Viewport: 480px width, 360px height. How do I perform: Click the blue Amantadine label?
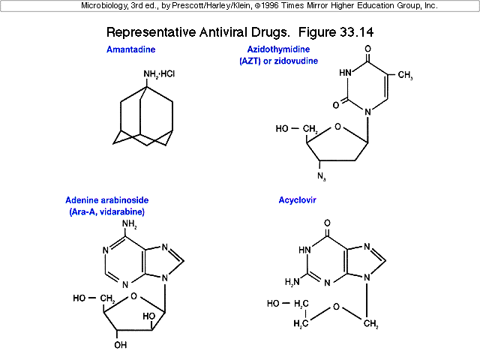[130, 49]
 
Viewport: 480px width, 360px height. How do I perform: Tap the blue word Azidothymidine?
[278, 49]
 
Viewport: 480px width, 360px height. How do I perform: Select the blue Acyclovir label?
[297, 200]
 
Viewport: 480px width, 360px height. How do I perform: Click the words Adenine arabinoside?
[106, 200]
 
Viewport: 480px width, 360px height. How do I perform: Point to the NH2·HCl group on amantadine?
[159, 74]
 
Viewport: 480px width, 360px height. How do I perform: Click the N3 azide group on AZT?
[322, 176]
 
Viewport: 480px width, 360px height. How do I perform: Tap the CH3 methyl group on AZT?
[405, 75]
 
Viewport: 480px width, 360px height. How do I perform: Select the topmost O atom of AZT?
[368, 49]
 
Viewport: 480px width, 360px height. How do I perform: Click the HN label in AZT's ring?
[345, 73]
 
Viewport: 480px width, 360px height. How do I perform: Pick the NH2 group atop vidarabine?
[130, 224]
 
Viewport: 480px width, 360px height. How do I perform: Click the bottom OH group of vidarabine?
[120, 345]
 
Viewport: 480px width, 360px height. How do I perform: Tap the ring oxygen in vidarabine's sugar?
[133, 296]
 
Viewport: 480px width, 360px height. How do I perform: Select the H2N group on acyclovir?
[292, 282]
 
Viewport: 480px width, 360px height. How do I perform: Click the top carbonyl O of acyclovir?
[328, 223]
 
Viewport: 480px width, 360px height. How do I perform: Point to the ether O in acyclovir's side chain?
[336, 307]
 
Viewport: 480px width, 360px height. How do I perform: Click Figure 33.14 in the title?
[336, 32]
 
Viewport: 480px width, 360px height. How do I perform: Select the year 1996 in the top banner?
[269, 5]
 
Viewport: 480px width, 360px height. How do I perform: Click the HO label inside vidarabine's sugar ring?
[149, 316]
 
